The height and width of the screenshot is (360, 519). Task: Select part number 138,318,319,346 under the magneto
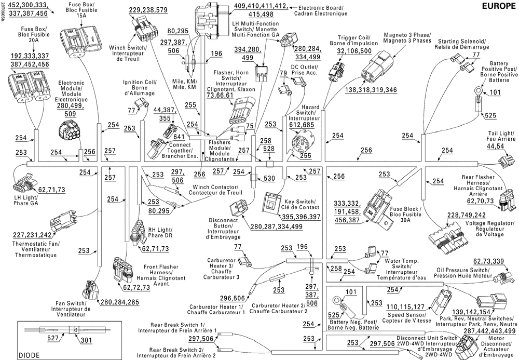tap(371, 90)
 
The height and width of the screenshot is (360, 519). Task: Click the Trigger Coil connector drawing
tap(333, 72)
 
